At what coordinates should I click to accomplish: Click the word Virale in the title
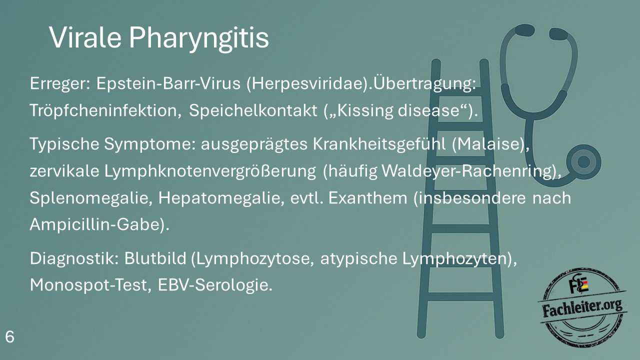(x=85, y=37)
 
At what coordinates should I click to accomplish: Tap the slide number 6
(x=9, y=337)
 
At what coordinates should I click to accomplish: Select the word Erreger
(x=60, y=84)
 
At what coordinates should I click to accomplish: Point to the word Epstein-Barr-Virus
(x=168, y=83)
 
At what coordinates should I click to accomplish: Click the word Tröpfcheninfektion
(x=105, y=110)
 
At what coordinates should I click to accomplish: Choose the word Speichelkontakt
(x=253, y=110)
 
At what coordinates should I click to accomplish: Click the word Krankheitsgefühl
(x=379, y=143)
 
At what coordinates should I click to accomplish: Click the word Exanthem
(x=367, y=197)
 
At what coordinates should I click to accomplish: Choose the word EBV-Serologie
(x=215, y=285)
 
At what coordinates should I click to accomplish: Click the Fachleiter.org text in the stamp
(x=582, y=308)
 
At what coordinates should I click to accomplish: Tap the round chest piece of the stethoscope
(x=583, y=162)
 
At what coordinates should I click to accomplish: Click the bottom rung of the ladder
(x=460, y=296)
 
